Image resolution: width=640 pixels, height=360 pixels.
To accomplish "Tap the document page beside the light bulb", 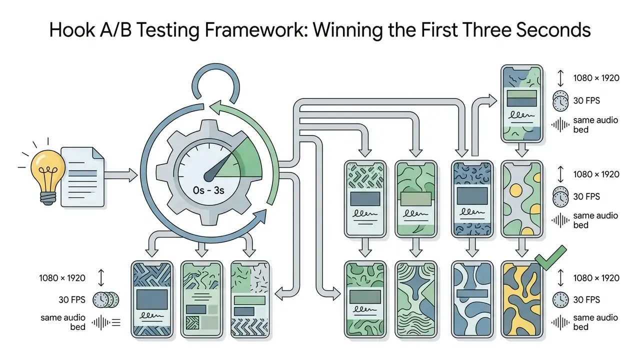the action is [x=82, y=177].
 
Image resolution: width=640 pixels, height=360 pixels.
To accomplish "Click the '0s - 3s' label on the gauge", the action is [x=208, y=190].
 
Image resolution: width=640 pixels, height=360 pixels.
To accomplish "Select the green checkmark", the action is [x=550, y=257].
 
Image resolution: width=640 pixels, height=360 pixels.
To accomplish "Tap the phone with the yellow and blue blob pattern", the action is [x=521, y=299].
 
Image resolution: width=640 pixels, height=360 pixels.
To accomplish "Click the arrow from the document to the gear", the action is [x=121, y=175].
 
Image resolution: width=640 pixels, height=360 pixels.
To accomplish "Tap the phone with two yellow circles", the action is [x=521, y=199].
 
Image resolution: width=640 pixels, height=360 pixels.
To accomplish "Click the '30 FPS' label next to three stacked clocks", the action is [x=72, y=299].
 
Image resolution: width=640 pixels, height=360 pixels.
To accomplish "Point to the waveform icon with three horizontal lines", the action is [x=106, y=322].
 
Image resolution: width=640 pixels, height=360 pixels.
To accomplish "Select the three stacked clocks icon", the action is [x=105, y=300].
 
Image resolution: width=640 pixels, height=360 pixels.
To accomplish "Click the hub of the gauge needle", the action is [x=209, y=176].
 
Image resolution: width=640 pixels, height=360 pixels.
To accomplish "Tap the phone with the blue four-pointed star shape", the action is [x=416, y=299].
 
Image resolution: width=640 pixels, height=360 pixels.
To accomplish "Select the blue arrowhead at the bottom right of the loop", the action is [x=260, y=216].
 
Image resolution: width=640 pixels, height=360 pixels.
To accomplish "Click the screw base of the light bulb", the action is [x=48, y=198].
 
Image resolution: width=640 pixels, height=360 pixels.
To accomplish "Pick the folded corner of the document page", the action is [x=98, y=153].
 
